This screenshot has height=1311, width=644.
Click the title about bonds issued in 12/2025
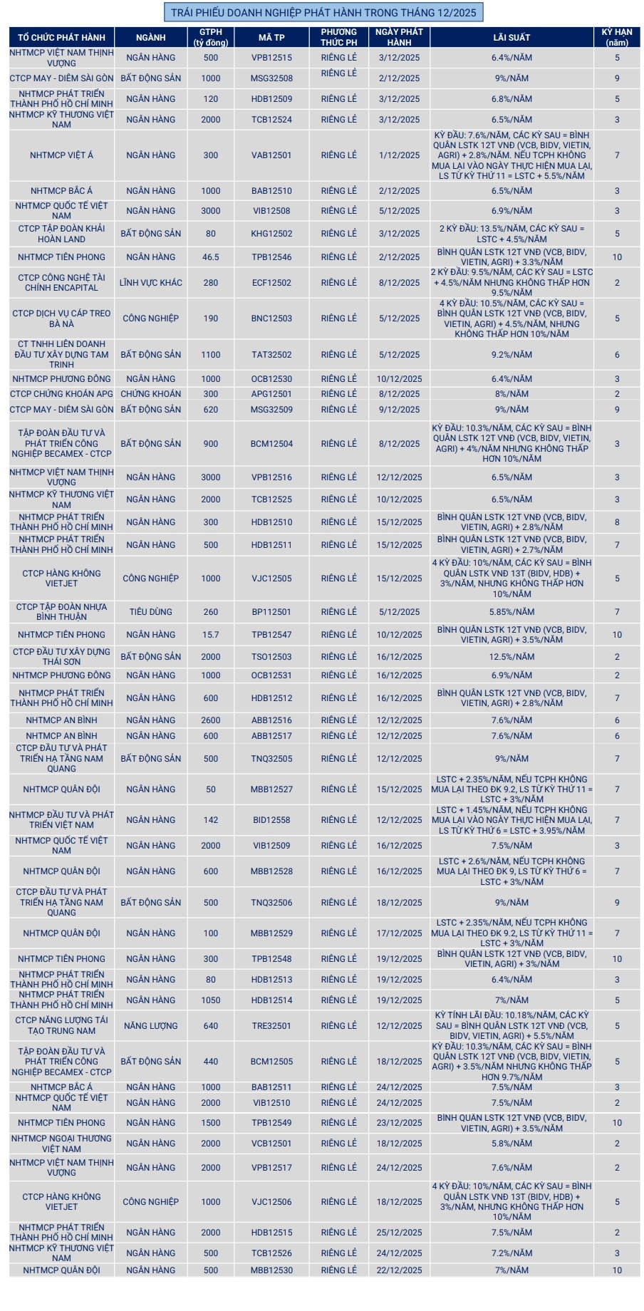(x=323, y=12)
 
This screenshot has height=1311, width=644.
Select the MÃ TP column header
(x=271, y=37)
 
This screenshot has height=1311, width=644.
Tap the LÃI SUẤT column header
(x=511, y=37)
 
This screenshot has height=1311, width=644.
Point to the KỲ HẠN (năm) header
(x=617, y=37)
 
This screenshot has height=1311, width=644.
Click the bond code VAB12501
(x=271, y=155)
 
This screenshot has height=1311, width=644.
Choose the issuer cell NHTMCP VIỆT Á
(x=61, y=155)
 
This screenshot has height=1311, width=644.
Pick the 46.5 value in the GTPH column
(x=211, y=257)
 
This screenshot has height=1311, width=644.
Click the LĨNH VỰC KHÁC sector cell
(x=150, y=283)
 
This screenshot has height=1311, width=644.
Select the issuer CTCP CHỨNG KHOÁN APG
(x=61, y=394)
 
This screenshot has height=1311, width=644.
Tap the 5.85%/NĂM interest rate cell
(x=511, y=612)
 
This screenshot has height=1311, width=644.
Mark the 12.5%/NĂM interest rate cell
(x=511, y=657)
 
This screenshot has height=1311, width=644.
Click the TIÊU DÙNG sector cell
(x=150, y=612)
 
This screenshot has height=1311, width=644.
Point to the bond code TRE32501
(x=271, y=1026)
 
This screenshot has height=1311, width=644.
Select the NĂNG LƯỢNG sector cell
(x=150, y=1026)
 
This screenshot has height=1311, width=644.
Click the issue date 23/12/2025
(x=399, y=1123)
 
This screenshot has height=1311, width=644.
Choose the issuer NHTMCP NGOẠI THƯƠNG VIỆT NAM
(x=61, y=1144)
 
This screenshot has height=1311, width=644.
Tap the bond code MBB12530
(x=271, y=1270)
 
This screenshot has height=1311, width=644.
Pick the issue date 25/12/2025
(x=399, y=1233)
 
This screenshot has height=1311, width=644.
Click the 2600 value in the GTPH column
(x=211, y=720)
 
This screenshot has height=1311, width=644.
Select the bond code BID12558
(x=271, y=820)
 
